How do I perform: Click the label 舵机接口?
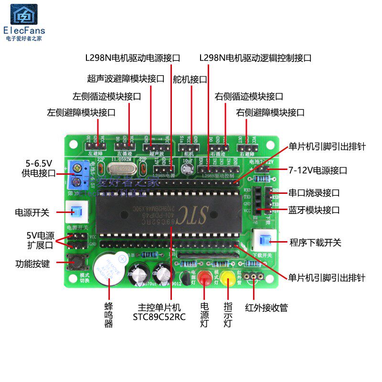tap(190, 79)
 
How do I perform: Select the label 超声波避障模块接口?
tap(126, 79)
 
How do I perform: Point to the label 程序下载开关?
tap(316, 242)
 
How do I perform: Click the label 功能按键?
tap(32, 263)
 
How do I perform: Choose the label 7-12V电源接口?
tap(318, 170)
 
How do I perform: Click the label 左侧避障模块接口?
tap(81, 113)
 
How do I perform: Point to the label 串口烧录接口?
tap(314, 193)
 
